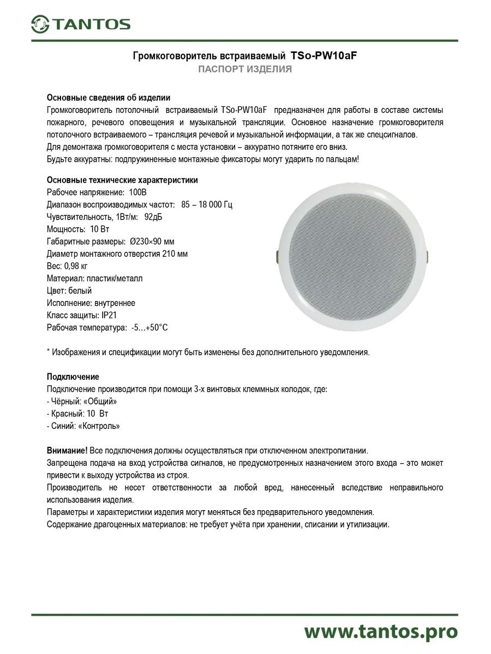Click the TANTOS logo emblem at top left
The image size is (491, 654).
pyautogui.click(x=39, y=23)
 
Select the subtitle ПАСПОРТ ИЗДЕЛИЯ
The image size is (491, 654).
pyautogui.click(x=245, y=69)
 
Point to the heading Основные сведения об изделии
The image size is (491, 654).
pyautogui.click(x=109, y=98)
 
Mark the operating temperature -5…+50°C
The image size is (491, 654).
pyautogui.click(x=149, y=328)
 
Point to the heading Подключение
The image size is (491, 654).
pyautogui.click(x=73, y=377)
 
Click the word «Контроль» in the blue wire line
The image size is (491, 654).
pyautogui.click(x=100, y=426)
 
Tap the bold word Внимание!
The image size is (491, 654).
pyautogui.click(x=67, y=451)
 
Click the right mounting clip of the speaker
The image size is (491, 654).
pyautogui.click(x=427, y=255)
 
